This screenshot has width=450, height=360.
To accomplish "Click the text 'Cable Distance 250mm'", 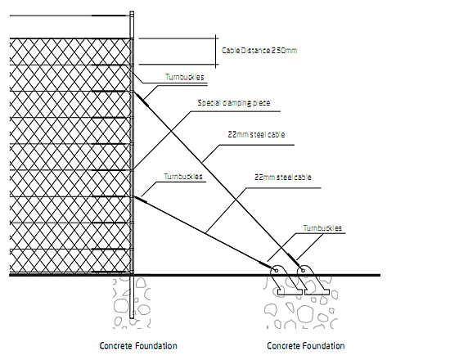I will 260,50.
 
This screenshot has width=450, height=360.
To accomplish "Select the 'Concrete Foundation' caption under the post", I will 138,345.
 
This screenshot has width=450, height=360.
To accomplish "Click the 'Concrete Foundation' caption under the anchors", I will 306,345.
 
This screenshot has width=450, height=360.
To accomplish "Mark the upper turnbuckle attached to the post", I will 142,99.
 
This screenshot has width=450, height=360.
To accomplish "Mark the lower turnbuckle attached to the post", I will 143,197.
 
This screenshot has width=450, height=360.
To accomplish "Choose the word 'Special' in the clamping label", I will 209,103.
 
